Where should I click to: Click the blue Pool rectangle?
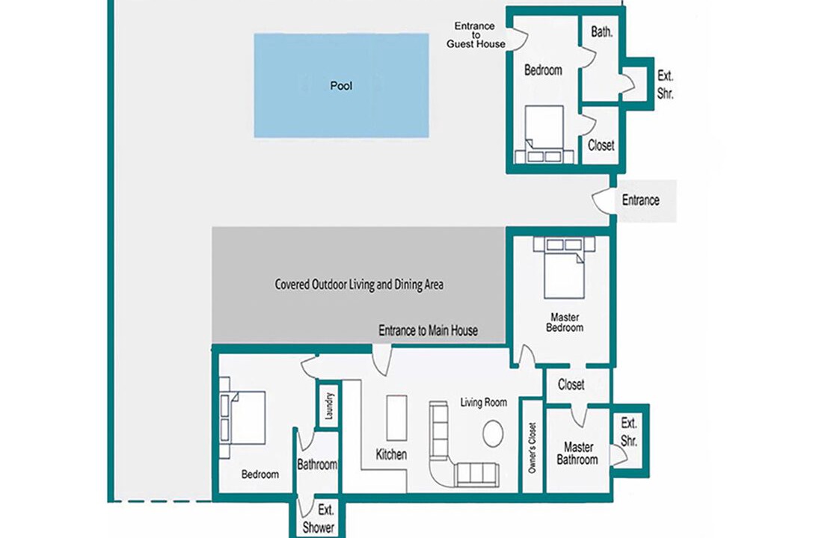pos(341,85)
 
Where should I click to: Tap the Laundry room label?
pos(328,406)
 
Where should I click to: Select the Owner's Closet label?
pos(532,448)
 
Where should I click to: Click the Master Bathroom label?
pos(577,454)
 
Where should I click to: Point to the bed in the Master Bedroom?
pos(564,268)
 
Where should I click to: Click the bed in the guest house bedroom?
pos(544,134)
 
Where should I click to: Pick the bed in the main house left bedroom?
pos(242,418)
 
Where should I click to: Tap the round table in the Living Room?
pos(493,433)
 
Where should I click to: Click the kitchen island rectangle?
pos(396,418)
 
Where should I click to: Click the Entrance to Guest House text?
pos(476,35)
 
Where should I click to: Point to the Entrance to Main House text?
pos(428,330)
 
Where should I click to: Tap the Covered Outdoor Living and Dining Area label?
pos(359,285)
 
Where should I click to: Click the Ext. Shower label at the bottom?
pos(319,519)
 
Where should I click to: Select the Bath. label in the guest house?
pos(601,31)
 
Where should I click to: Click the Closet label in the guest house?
pos(601,145)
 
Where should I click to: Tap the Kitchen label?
pos(391,454)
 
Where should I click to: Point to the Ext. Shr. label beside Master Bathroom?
pos(629,432)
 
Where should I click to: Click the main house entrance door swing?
pos(382,359)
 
